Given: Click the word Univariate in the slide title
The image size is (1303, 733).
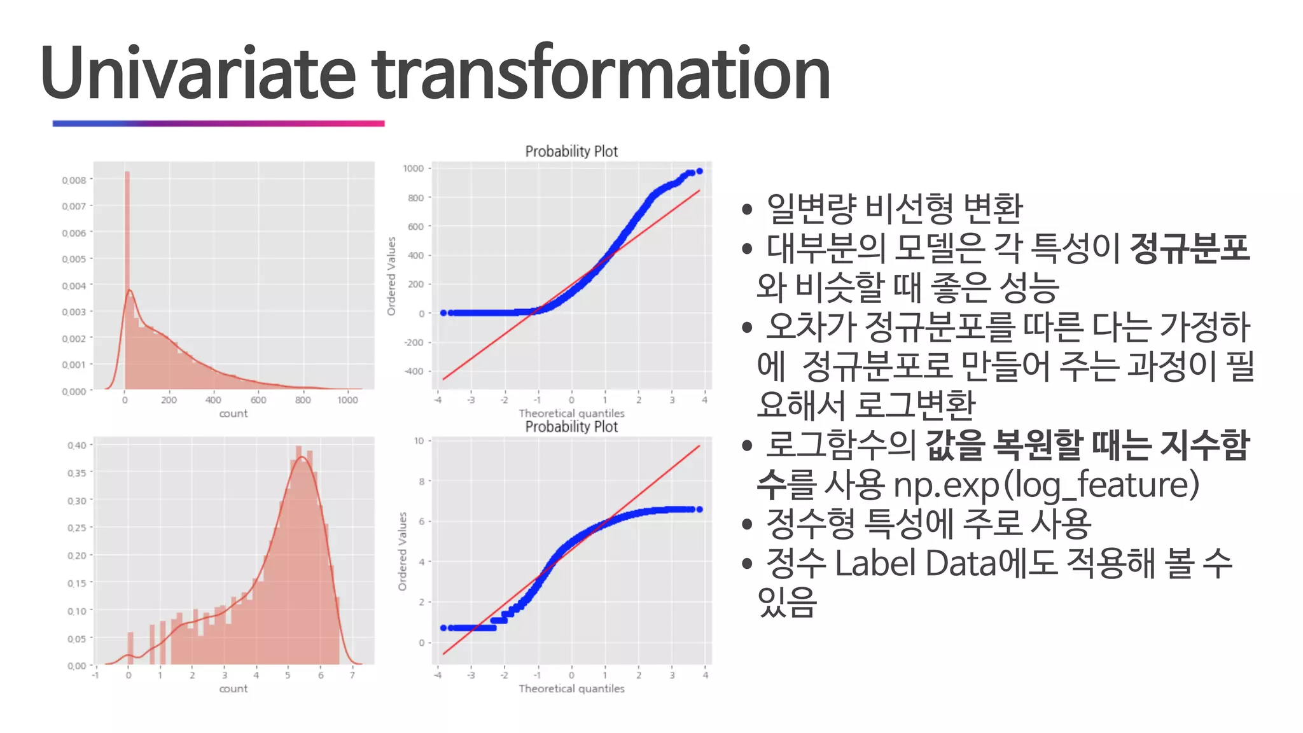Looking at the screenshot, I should point(197,73).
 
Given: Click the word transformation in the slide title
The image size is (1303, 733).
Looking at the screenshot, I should point(601,73).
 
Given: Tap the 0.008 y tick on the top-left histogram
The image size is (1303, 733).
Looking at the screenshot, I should point(74,180).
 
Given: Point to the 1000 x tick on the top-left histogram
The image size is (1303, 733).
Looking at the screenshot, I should point(347,400).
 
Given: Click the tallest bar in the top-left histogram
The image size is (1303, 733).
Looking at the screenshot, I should point(127,280).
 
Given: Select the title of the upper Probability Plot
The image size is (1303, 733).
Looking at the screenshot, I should point(571,151).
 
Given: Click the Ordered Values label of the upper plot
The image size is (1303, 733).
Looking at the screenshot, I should point(391,276).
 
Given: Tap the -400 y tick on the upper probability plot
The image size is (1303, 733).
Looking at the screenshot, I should point(414,371).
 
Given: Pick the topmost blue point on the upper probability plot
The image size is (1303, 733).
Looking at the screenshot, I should point(699,171).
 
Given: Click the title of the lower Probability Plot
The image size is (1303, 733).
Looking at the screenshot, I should point(571,427).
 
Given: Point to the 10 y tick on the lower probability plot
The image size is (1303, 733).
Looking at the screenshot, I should point(419,441).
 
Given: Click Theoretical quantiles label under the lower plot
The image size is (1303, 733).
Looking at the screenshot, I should point(571,688).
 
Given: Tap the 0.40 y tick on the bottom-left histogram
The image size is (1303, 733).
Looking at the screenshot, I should point(76,445).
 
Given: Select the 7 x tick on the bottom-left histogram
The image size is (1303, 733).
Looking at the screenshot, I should point(352,675).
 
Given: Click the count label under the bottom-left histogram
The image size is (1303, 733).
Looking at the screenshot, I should point(233,688).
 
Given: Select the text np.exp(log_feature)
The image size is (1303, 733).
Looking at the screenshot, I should point(1046,485).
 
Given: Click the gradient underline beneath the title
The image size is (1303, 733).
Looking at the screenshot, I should point(218,123).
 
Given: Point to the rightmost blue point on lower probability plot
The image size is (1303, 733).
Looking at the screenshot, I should point(699,509).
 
